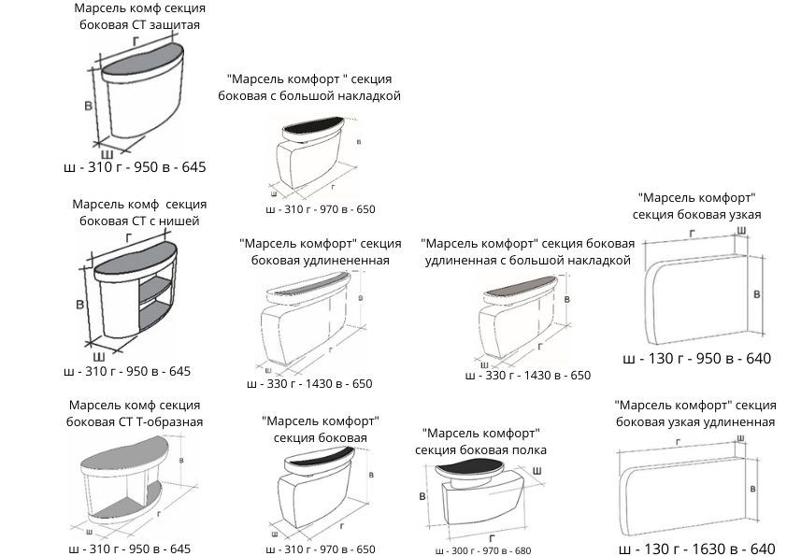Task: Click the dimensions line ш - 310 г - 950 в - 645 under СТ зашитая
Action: pos(133,168)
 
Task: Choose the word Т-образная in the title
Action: pos(169,421)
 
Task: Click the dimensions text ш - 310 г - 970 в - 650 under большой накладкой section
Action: pos(320,209)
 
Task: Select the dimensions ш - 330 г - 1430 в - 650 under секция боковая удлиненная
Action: pos(309,384)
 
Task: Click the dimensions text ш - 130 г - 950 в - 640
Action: pos(697,359)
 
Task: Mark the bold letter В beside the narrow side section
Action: pos(755,293)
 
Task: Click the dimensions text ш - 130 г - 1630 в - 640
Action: pos(697,549)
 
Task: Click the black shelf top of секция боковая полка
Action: pos(476,466)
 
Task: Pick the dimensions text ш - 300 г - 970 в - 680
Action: pos(477,550)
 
